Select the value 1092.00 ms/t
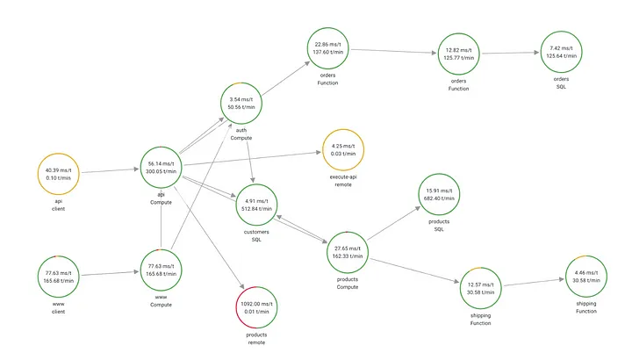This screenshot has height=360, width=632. point(256,304)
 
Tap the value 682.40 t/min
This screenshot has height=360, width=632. point(439,198)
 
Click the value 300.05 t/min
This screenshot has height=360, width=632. point(162,171)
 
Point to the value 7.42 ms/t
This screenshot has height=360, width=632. point(562,48)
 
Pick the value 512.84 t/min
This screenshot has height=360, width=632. point(256,209)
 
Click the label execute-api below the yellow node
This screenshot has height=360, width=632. point(343,177)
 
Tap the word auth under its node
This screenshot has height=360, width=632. point(241,130)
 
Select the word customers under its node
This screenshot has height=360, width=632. point(256,232)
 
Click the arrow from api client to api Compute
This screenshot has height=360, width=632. point(110,171)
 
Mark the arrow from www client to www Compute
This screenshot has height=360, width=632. point(110,273)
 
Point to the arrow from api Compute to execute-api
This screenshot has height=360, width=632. point(252,158)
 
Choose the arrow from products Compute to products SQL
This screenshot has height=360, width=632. point(394,224)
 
